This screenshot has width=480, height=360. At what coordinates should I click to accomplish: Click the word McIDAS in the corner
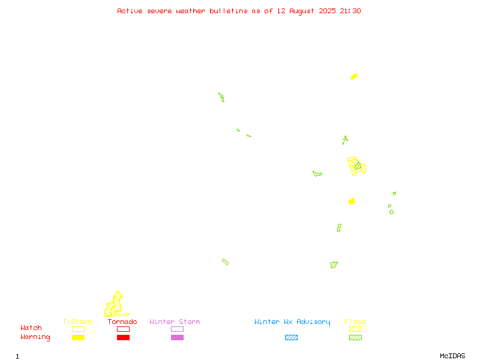coord(452,356)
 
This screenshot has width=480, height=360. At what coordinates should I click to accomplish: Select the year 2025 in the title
coord(327,11)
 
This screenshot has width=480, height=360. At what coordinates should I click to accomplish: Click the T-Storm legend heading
coord(77,322)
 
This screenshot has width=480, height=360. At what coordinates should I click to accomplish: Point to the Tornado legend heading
coord(122,322)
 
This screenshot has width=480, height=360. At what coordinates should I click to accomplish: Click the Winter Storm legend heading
coord(175,322)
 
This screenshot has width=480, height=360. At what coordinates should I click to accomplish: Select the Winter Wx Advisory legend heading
coord(292,322)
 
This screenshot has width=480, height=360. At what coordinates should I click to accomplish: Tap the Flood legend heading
coord(355,322)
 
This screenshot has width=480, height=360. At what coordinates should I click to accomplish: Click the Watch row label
coord(31,328)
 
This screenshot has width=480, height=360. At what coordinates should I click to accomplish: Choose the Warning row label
coord(35,337)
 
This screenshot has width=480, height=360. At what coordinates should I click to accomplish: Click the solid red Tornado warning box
coord(124,337)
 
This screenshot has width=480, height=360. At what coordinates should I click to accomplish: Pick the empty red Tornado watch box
coord(124,329)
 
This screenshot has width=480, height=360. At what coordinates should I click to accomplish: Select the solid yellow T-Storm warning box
coord(79,337)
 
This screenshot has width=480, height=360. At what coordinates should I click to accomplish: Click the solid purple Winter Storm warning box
coord(177,337)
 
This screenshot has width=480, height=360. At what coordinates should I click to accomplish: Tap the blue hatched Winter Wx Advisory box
coord(291,337)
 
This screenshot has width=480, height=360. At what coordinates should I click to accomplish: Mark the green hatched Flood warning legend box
coord(355,337)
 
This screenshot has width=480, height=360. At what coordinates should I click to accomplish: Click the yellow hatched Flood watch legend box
coord(355,329)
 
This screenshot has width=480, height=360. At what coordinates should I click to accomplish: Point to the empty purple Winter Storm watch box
coord(177,329)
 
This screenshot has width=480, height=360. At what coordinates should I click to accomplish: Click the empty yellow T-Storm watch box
coord(79,329)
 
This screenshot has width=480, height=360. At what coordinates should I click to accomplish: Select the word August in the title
coord(302,11)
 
